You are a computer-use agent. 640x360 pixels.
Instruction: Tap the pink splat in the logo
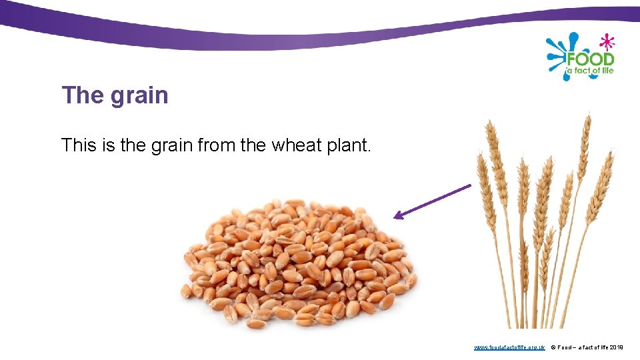pos(607,42)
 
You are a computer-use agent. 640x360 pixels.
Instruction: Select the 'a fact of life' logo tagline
pos(590,70)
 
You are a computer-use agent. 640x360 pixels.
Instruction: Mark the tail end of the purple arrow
pos(469,186)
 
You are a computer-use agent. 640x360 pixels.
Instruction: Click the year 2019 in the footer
pos(616,347)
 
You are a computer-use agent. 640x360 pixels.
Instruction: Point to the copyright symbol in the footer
pos(553,347)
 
